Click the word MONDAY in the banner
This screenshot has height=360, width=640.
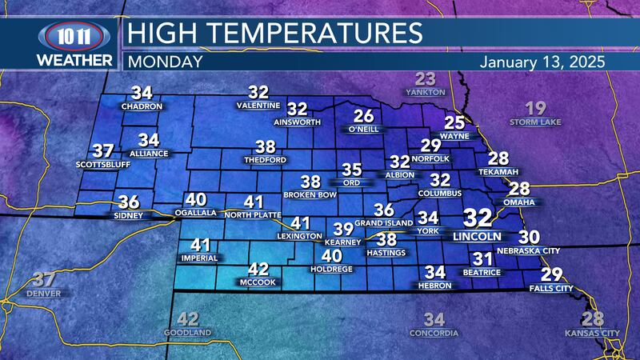[x=165, y=62]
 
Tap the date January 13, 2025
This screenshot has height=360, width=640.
[x=542, y=62]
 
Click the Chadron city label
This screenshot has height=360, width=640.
[x=142, y=106]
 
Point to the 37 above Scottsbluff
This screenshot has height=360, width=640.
[x=102, y=151]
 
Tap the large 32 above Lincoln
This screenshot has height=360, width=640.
[x=478, y=218]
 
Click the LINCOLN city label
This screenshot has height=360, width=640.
[x=476, y=237]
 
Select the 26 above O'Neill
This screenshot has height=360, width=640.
[x=364, y=115]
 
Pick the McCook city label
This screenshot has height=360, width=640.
[x=258, y=282]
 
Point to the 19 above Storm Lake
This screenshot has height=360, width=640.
[x=536, y=109]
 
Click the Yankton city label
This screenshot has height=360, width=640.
[x=425, y=92]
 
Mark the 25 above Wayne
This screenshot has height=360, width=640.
[x=454, y=122]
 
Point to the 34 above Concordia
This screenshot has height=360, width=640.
[x=434, y=318]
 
